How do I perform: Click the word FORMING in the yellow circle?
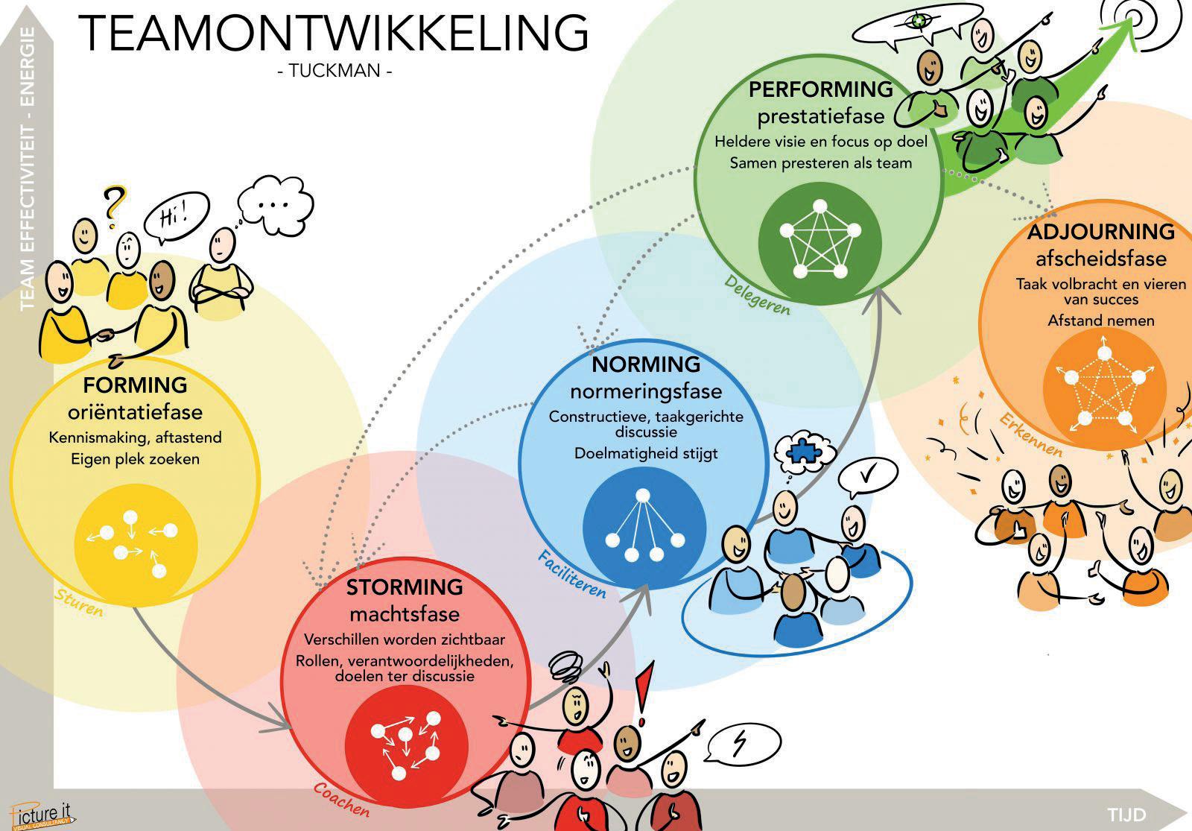(135, 385)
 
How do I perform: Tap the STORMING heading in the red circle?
(405, 587)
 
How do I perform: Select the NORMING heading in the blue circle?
(646, 364)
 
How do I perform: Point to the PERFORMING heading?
(820, 89)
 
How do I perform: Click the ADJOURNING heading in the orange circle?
(1100, 232)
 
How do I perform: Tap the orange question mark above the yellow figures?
(113, 203)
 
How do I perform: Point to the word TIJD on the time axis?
(1126, 814)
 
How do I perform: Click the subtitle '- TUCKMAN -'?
(334, 72)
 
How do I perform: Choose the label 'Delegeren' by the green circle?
(757, 294)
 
